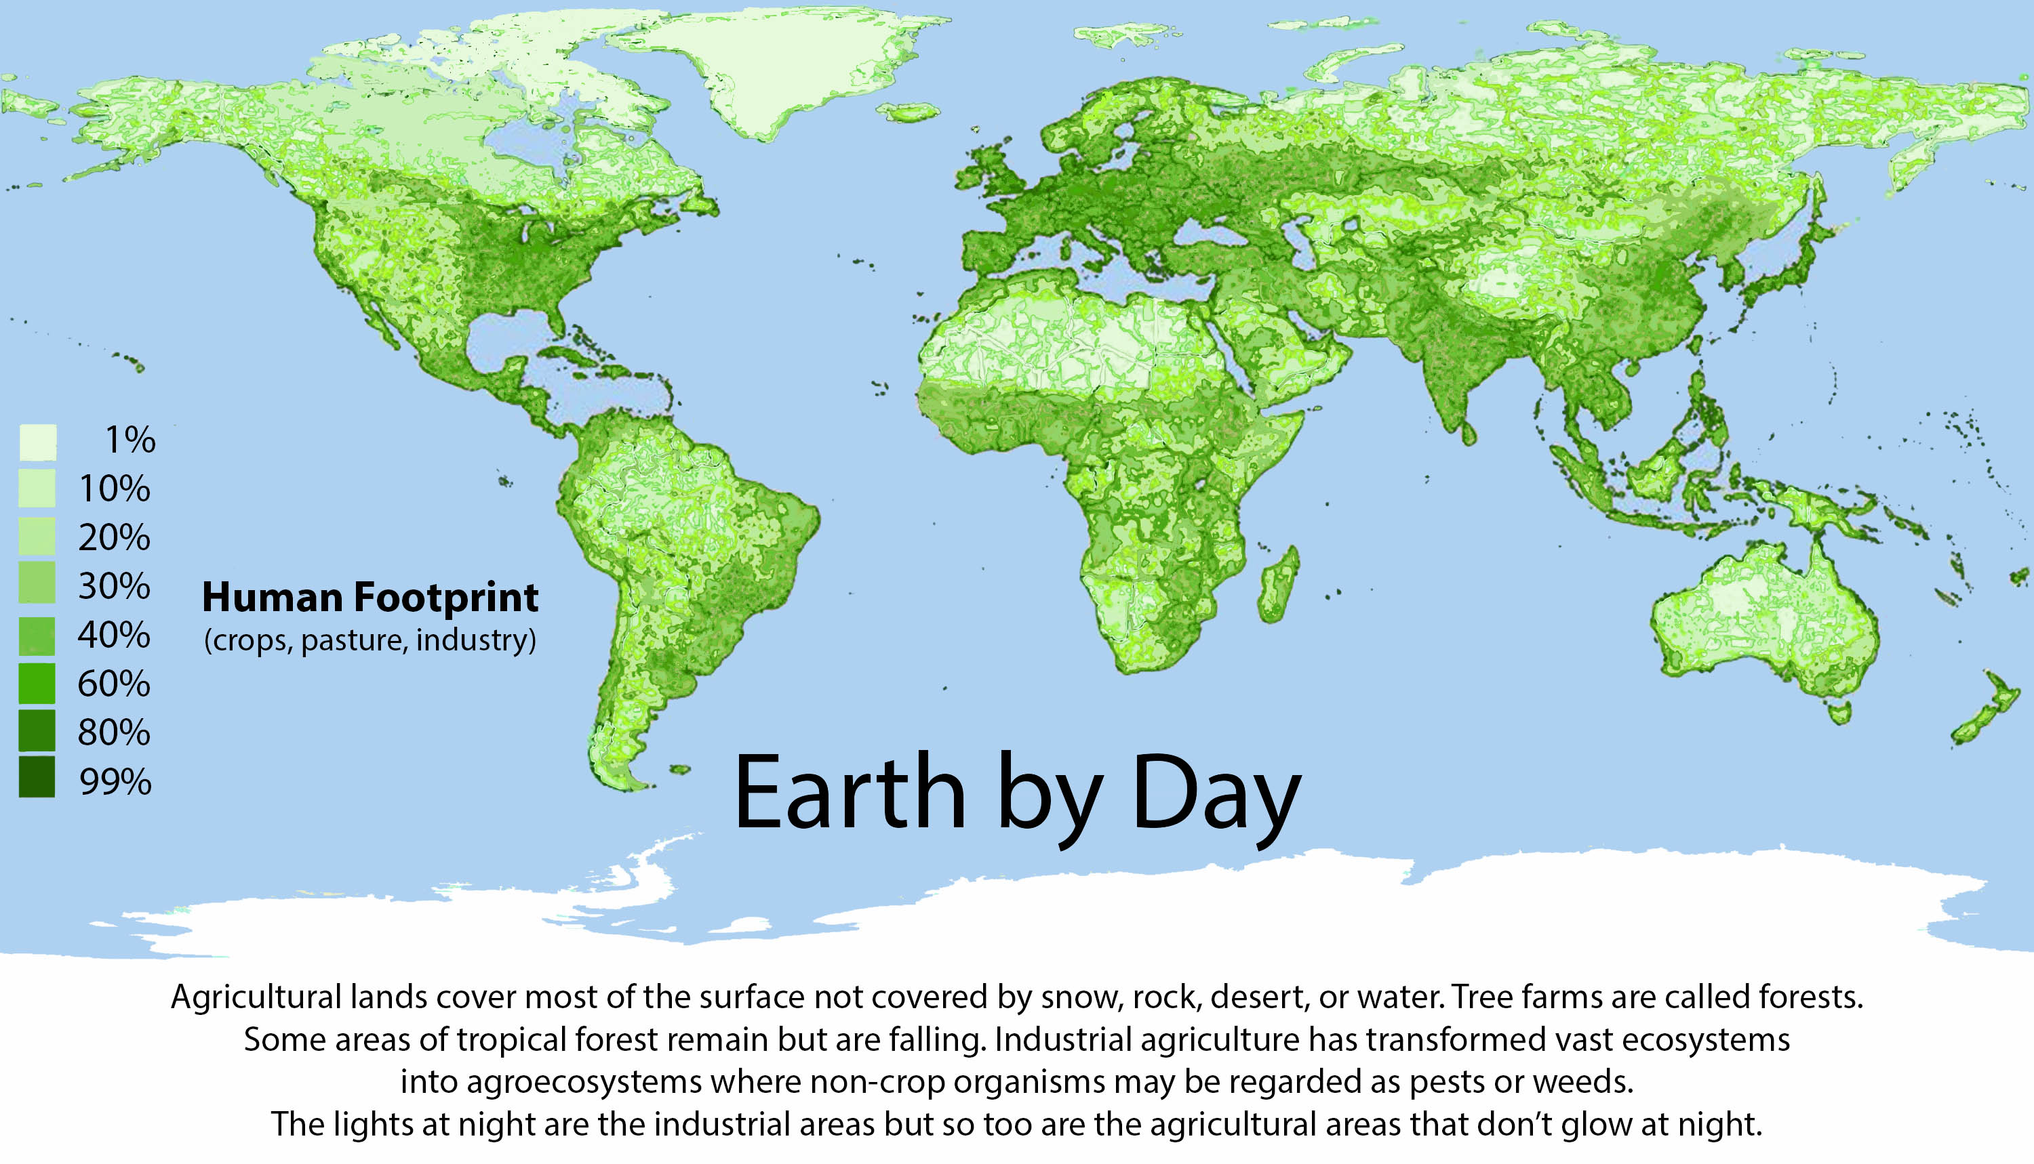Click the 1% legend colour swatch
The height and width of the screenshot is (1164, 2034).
coord(37,442)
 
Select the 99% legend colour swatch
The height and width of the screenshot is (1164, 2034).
coord(37,778)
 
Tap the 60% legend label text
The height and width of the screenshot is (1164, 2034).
coord(114,684)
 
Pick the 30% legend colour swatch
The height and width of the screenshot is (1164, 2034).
coord(37,583)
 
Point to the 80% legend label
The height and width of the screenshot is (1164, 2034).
coord(114,733)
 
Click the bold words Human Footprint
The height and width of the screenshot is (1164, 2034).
coord(370,598)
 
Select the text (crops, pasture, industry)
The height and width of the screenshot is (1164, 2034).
coord(370,640)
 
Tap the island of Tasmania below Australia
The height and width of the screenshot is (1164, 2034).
coord(1839,711)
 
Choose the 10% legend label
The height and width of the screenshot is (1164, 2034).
coord(114,489)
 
